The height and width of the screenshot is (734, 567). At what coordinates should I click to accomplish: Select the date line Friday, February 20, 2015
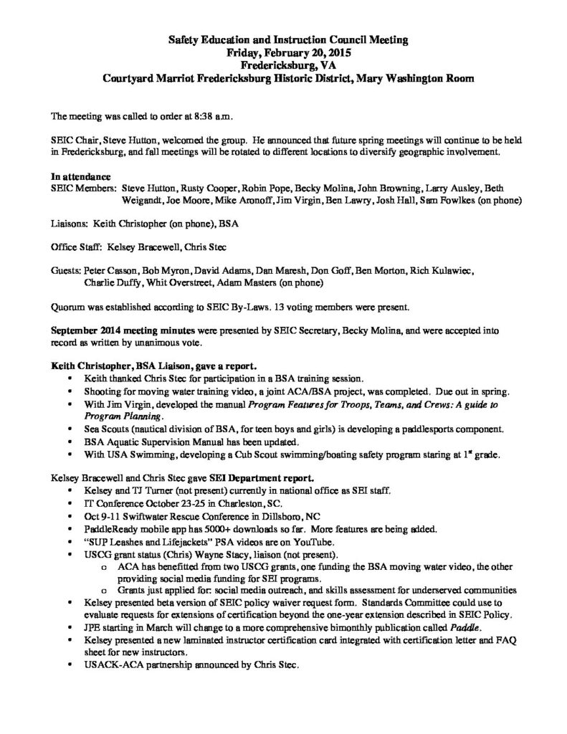[x=283, y=53]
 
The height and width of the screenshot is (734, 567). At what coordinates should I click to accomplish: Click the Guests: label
[x=67, y=271]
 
